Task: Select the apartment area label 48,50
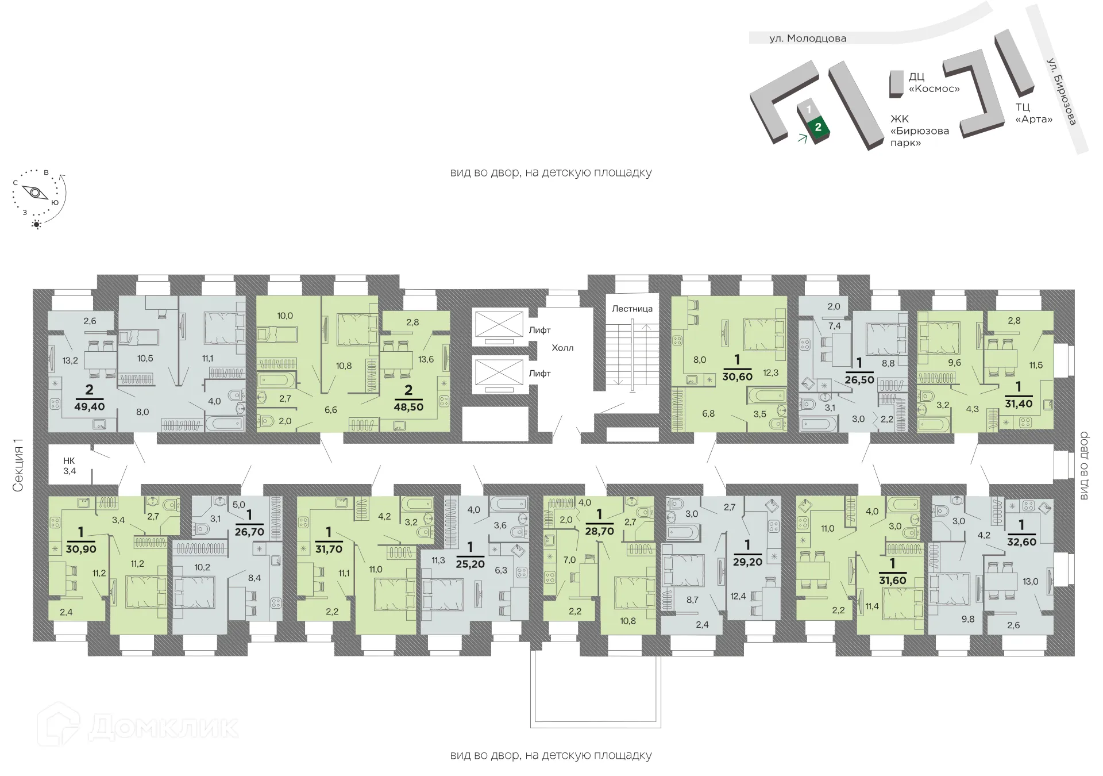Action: (x=408, y=406)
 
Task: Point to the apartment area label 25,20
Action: (x=470, y=564)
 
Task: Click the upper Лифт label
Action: (x=539, y=330)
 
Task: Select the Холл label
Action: (x=562, y=348)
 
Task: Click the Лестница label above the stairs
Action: (x=632, y=309)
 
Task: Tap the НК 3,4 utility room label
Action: (x=70, y=466)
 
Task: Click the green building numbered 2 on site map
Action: (x=818, y=127)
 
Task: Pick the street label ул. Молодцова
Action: (x=808, y=39)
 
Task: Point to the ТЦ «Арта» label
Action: (x=1033, y=113)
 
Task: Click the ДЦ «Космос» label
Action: (x=934, y=83)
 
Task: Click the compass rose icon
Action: (x=38, y=194)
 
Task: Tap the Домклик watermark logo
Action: (x=137, y=727)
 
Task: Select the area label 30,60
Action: (x=738, y=377)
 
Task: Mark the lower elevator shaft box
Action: (x=498, y=372)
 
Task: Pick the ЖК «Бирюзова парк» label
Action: (x=919, y=130)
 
